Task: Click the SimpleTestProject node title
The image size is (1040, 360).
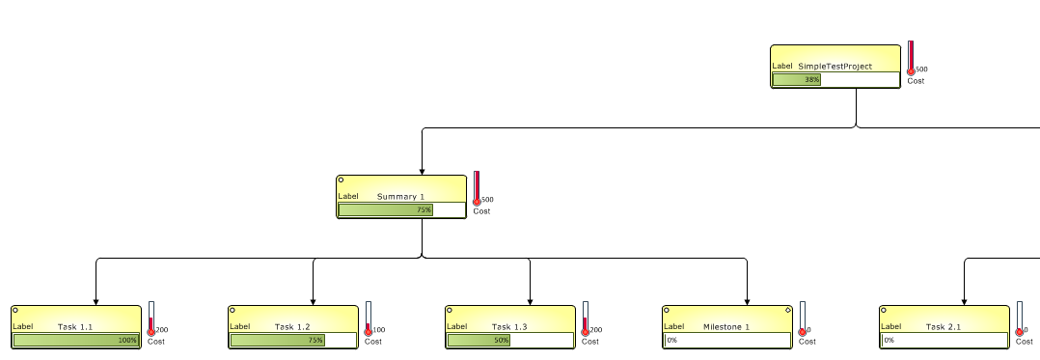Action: click(835, 67)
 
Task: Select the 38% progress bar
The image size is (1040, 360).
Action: click(797, 80)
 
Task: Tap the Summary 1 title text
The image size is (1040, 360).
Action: click(400, 197)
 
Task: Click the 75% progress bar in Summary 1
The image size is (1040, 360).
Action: click(386, 209)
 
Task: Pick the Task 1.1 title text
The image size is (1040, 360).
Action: click(75, 327)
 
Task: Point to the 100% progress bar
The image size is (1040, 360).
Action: click(75, 340)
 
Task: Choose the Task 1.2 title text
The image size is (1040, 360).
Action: click(292, 327)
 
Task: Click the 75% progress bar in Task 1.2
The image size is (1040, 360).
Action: click(277, 340)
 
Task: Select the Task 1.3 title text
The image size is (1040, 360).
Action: click(509, 327)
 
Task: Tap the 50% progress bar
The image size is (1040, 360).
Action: click(479, 340)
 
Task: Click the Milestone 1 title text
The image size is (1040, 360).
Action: click(726, 327)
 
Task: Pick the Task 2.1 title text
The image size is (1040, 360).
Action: click(944, 327)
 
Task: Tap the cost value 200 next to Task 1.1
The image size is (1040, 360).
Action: click(162, 330)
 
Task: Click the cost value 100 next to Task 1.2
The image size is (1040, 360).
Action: click(379, 330)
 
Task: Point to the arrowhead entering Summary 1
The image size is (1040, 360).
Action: click(422, 170)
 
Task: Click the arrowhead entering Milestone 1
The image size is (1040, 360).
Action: click(748, 300)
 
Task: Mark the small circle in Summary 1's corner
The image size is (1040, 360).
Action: click(341, 180)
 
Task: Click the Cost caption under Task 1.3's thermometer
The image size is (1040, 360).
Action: click(590, 342)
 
